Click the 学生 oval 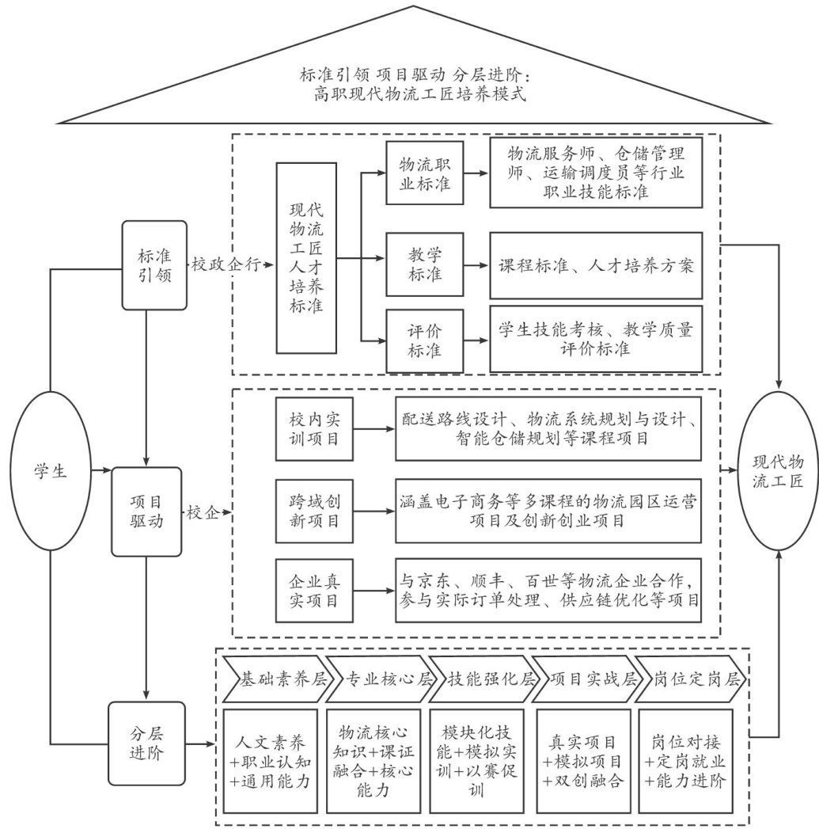(50, 472)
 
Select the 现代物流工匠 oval (779, 472)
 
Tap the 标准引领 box (148, 264)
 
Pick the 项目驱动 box (148, 511)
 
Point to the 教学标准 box (424, 266)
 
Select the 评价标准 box (424, 341)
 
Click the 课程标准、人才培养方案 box (596, 266)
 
